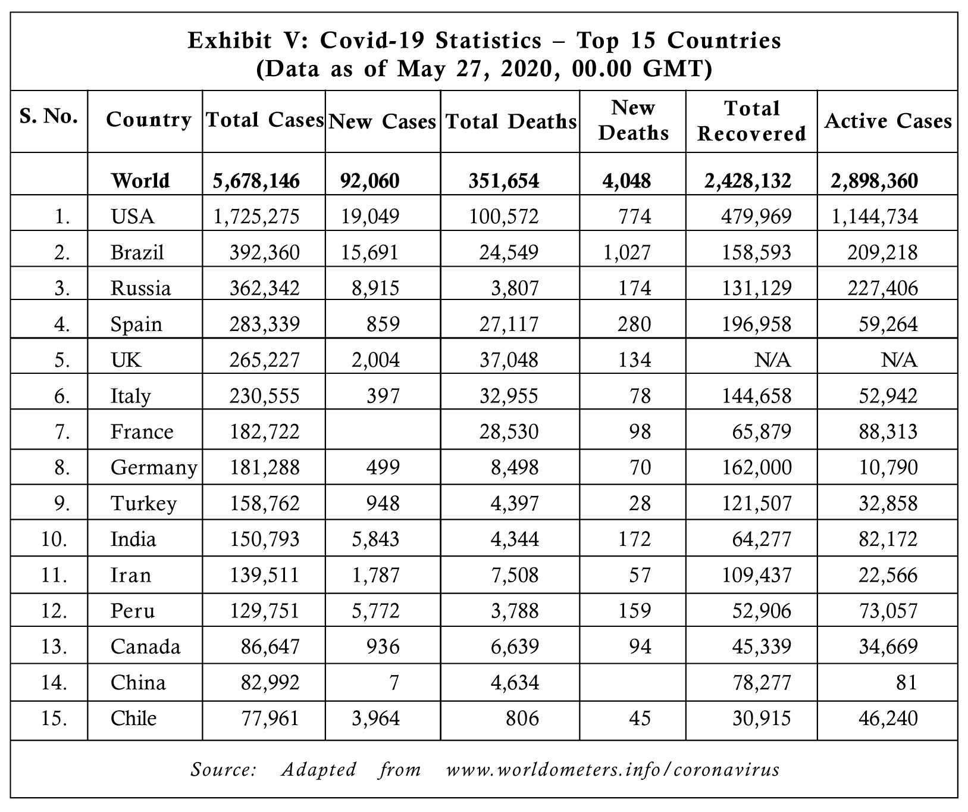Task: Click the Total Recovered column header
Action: pyautogui.click(x=751, y=121)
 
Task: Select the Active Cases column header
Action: pyautogui.click(x=888, y=121)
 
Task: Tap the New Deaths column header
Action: pyautogui.click(x=633, y=120)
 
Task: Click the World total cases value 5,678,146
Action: pyautogui.click(x=256, y=180)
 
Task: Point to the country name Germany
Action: pyautogui.click(x=153, y=468)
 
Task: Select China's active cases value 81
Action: pyautogui.click(x=906, y=682)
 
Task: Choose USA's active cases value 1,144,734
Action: pyautogui.click(x=875, y=216)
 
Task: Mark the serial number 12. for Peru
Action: pyautogui.click(x=55, y=611)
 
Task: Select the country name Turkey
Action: pyautogui.click(x=143, y=504)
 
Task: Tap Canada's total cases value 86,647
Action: pyautogui.click(x=270, y=647)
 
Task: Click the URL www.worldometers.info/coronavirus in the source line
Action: pyautogui.click(x=613, y=769)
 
